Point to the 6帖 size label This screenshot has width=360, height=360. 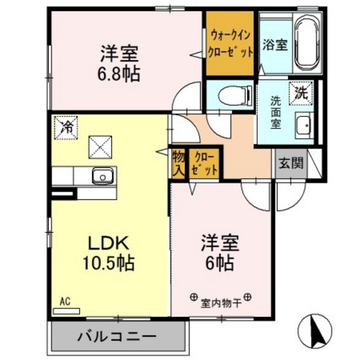click(220, 262)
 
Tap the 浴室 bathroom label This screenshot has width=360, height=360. click(276, 45)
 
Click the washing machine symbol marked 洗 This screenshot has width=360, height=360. click(301, 92)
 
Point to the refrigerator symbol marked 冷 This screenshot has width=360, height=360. click(66, 127)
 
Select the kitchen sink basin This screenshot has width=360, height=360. click(102, 175)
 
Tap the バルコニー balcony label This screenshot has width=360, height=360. click(117, 336)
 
